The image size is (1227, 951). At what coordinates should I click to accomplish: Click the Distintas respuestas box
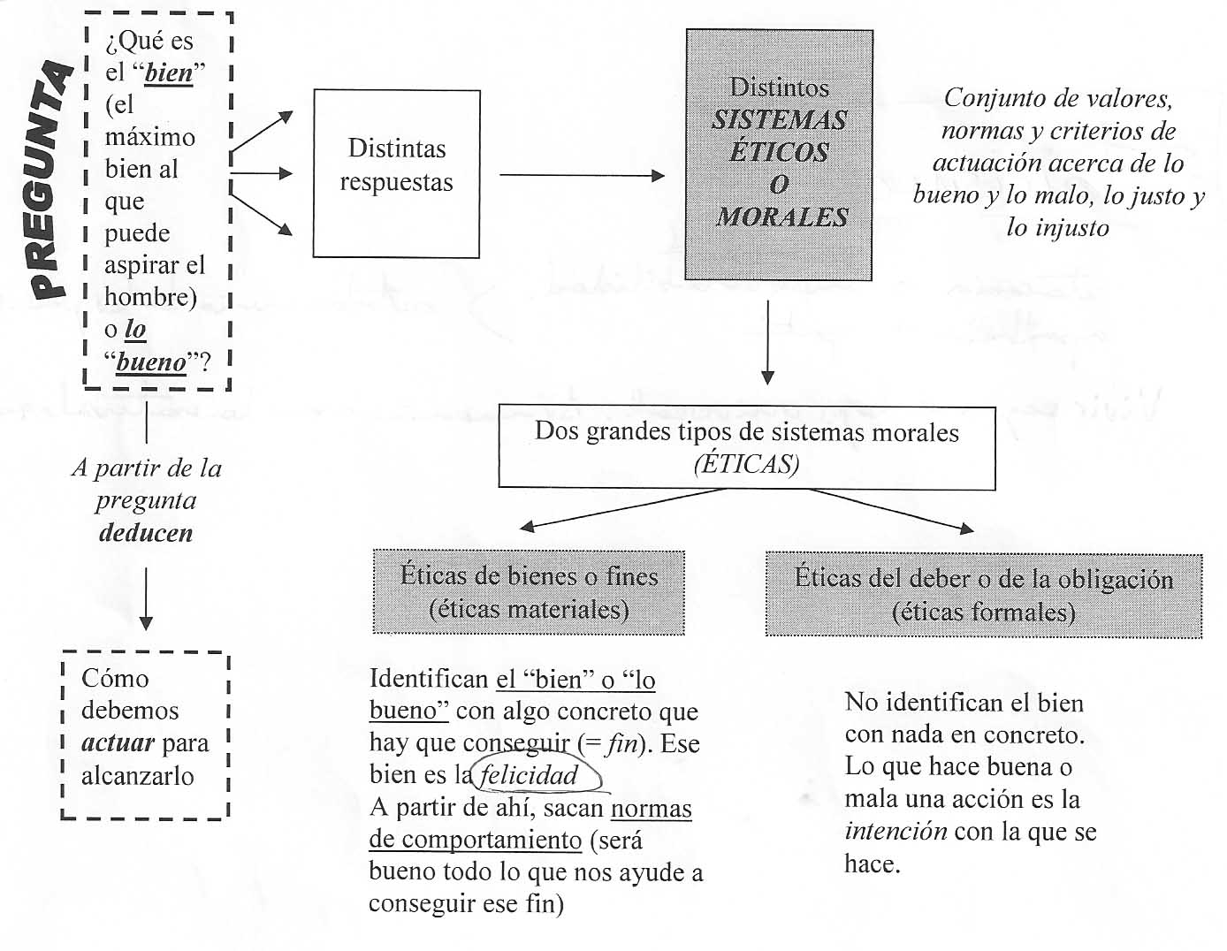(396, 173)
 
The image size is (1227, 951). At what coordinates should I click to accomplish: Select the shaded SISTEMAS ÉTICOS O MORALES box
(780, 155)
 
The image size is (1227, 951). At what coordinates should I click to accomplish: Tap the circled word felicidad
(530, 775)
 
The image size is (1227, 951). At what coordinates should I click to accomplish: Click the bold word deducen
(146, 532)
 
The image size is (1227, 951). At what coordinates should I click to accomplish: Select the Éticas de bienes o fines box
(529, 592)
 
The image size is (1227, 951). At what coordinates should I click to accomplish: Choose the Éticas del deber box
(983, 594)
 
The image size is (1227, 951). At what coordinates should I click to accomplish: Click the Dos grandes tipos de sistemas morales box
(746, 446)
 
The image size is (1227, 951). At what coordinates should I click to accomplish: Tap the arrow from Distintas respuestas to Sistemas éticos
(582, 175)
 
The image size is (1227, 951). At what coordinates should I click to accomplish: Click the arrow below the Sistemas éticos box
(767, 341)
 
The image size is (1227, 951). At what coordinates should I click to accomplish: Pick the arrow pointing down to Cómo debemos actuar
(146, 597)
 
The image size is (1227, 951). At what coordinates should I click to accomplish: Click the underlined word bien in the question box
(169, 72)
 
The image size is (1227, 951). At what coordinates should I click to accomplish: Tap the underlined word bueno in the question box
(151, 361)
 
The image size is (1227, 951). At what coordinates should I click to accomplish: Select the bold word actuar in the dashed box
(118, 742)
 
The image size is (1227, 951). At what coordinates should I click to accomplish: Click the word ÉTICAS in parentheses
(746, 463)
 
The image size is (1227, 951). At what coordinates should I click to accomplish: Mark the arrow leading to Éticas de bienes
(619, 511)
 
